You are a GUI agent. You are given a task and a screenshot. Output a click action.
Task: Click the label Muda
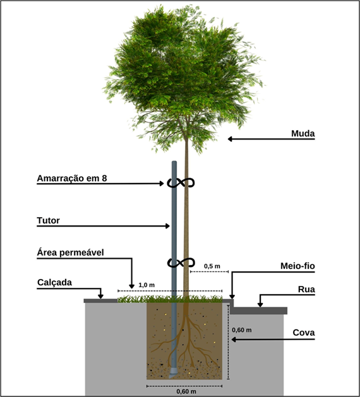303,133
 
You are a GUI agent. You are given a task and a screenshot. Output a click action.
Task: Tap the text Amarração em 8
72,178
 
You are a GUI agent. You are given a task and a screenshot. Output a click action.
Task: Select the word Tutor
48,220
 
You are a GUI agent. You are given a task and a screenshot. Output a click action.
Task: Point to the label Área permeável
71,252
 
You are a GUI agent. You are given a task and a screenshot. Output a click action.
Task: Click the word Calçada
54,282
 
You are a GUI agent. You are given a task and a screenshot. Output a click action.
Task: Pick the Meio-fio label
297,266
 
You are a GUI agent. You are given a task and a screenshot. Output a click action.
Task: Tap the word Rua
306,289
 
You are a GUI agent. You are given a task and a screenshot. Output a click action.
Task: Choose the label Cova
304,333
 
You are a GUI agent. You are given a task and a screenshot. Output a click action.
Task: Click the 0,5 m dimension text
212,266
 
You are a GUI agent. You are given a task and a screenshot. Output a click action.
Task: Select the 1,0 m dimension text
147,285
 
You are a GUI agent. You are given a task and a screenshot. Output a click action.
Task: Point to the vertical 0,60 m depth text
242,330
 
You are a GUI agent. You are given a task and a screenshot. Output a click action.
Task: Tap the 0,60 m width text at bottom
186,391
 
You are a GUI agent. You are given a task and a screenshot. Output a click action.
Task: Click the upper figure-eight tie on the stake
181,183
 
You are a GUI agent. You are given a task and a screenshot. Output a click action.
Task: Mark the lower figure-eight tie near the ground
181,263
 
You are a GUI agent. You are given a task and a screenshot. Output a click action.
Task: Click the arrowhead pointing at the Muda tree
230,139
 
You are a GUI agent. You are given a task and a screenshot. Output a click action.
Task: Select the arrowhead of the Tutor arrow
167,226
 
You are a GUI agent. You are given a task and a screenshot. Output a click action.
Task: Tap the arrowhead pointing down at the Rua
260,305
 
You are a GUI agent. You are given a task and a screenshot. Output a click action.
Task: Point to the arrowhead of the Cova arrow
234,340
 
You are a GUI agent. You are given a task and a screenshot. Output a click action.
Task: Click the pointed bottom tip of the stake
170,377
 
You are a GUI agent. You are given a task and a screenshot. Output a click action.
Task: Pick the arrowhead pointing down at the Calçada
100,296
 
